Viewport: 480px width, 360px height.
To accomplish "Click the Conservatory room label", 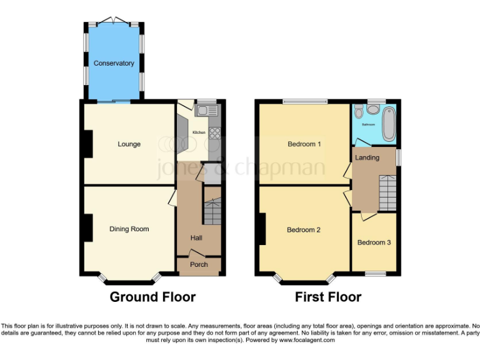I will click(114, 63).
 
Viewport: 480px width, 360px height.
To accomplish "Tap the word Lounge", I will click(129, 144).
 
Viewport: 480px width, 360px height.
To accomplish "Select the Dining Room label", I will click(129, 229).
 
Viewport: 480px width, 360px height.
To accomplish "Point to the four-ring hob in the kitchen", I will click(214, 132).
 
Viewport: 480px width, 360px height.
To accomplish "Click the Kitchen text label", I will click(199, 132).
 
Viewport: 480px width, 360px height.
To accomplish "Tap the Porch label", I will click(199, 264).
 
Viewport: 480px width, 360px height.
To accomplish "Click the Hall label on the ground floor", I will click(196, 237).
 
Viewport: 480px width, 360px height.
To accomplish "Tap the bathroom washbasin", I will click(373, 110).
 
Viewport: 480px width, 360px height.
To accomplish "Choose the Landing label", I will click(367, 157).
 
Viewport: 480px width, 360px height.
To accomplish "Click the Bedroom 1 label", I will click(304, 144).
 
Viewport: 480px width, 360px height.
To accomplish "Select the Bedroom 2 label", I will click(303, 230).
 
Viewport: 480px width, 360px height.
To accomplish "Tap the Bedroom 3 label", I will click(374, 242).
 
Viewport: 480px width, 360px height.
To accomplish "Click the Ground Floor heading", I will click(152, 297).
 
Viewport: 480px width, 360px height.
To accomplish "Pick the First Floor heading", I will click(327, 297).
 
